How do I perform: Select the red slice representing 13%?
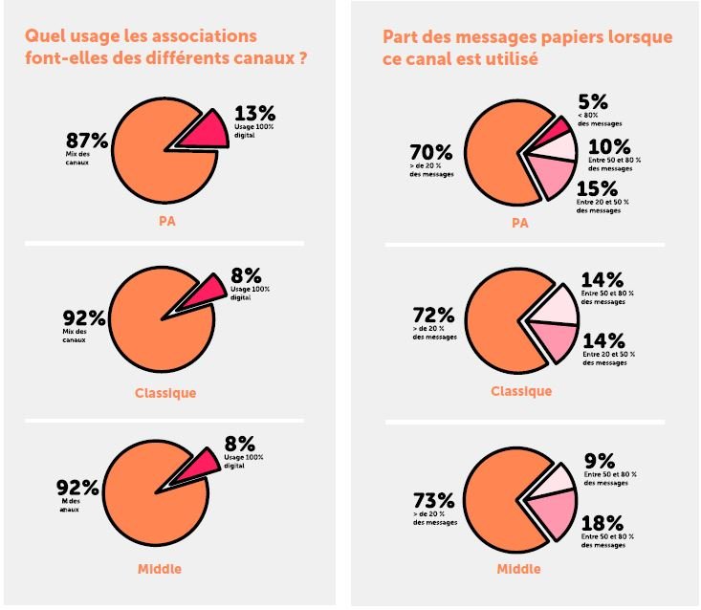pos(206,133)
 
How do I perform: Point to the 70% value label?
pos(432,152)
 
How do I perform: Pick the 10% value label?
pos(608,146)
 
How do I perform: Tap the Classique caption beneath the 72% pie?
pos(521,391)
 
